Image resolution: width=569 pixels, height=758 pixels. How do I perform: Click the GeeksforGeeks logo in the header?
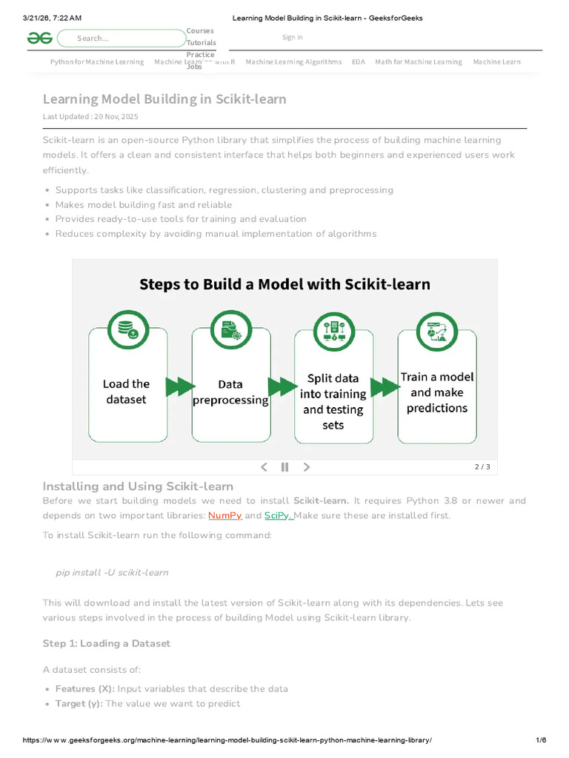pos(39,38)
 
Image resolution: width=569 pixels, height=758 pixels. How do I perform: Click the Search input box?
pos(122,38)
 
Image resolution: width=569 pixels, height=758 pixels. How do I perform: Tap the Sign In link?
pos(292,37)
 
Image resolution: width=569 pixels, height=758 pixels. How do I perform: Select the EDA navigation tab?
pos(359,61)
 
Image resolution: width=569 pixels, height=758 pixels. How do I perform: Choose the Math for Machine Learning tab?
pos(418,61)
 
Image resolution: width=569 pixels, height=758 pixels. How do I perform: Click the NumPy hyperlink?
pos(225,515)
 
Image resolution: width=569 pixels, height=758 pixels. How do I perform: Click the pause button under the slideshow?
pos(284,467)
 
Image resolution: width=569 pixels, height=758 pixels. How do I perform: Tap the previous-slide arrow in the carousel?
pos(263,467)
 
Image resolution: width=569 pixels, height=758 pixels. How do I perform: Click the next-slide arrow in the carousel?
pos(307,467)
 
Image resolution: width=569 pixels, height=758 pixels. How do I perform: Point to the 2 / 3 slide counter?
pos(482,467)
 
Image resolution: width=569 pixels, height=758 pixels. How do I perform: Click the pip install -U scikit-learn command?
pos(112,572)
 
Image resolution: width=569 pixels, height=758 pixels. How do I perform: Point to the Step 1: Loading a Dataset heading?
pos(107,643)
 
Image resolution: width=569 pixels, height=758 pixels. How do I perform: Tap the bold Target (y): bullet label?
pos(79,703)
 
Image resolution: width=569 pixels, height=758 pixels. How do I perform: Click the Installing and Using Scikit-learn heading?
pos(138,486)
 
